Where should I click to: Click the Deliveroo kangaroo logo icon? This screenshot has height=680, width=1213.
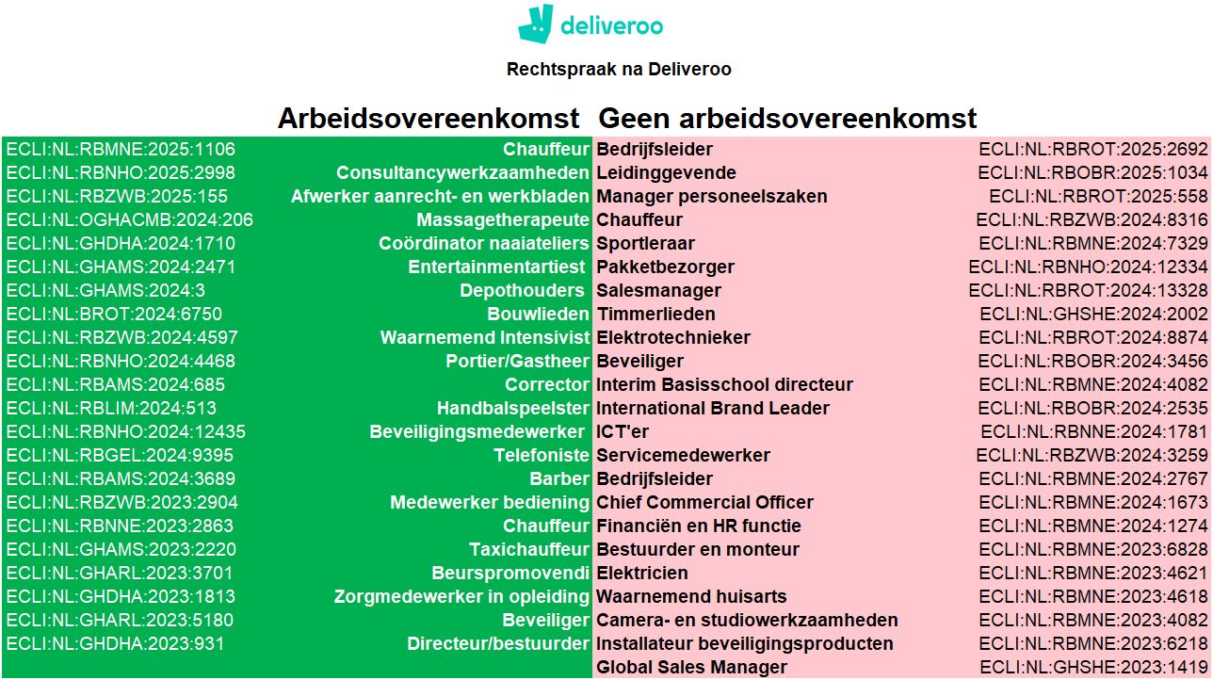[536, 24]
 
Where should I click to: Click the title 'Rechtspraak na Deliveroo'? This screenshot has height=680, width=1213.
[619, 70]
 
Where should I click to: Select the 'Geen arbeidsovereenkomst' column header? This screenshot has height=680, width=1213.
[788, 118]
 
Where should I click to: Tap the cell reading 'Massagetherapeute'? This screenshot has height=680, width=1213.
[503, 219]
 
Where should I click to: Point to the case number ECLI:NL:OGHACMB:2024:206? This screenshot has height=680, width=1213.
[129, 219]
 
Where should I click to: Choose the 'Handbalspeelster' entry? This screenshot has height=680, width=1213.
[513, 408]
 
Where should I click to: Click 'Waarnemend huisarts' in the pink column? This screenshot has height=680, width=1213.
[691, 596]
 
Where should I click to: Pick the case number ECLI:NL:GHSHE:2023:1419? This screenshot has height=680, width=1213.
[1094, 667]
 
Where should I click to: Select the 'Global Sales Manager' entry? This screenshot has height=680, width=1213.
[691, 667]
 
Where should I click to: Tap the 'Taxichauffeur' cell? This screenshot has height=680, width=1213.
[529, 549]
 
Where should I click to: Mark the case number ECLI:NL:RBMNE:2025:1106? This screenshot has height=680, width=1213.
[121, 150]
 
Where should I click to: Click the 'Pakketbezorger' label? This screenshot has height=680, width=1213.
[666, 267]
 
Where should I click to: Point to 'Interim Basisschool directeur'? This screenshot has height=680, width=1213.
[724, 385]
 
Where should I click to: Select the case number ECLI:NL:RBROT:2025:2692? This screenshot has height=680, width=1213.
[1093, 150]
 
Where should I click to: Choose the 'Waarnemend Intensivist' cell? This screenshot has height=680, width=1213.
[485, 338]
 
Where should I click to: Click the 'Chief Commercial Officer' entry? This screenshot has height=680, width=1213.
[704, 502]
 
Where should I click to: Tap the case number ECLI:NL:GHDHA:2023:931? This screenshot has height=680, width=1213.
[115, 643]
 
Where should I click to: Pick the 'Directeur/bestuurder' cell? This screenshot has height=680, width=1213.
[498, 643]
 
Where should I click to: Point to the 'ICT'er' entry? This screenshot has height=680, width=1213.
[623, 432]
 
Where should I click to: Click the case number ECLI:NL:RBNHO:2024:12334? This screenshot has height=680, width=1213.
[1089, 267]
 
